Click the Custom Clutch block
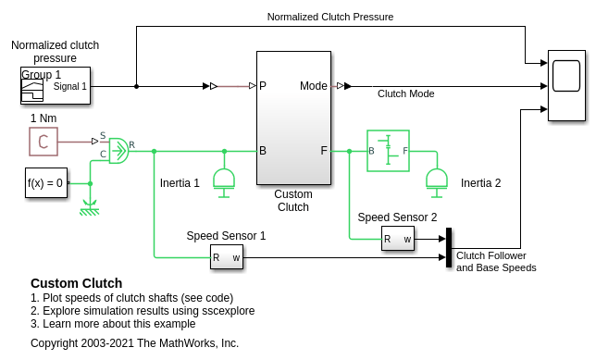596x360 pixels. click(x=293, y=118)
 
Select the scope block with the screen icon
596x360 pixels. click(x=566, y=85)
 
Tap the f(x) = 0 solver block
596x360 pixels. click(x=46, y=183)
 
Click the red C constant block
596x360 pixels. click(x=43, y=142)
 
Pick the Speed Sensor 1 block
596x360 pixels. click(x=227, y=257)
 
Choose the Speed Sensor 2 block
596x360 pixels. click(x=398, y=239)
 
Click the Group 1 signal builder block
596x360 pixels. click(x=56, y=85)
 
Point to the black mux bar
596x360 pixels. click(x=449, y=247)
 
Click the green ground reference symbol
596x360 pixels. click(x=90, y=207)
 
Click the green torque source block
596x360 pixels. click(x=119, y=151)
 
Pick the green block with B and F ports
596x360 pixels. click(x=388, y=151)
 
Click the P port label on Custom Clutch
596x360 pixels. click(x=263, y=86)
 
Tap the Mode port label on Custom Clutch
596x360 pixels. click(x=313, y=86)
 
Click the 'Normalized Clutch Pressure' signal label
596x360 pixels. click(x=330, y=17)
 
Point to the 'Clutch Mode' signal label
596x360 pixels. click(x=406, y=93)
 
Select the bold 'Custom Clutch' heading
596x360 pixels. click(x=77, y=283)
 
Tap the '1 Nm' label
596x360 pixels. click(x=43, y=118)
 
